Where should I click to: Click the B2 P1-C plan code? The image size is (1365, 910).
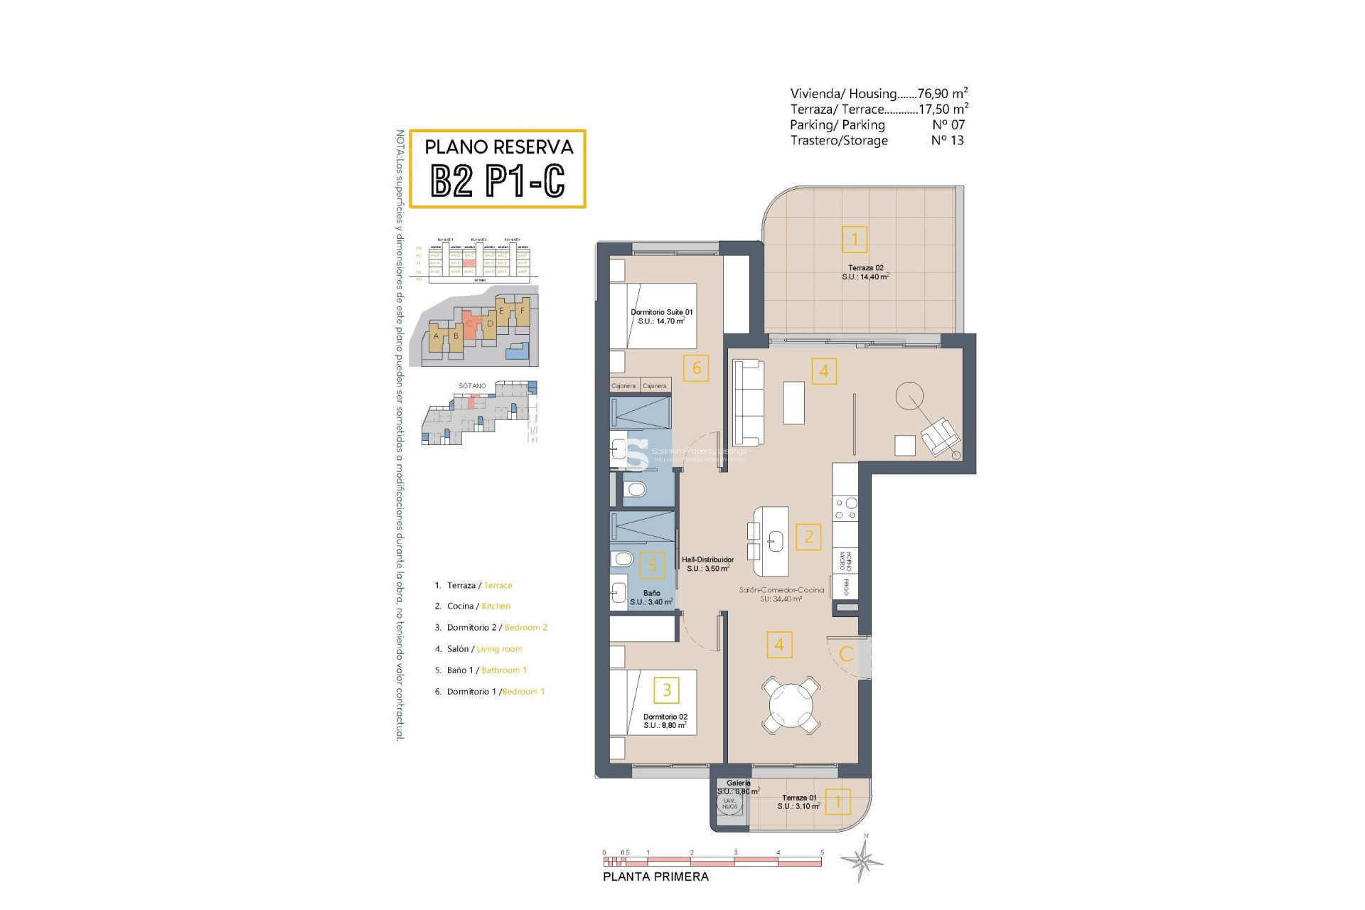pyautogui.click(x=498, y=181)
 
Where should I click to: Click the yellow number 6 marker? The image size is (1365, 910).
pyautogui.click(x=696, y=368)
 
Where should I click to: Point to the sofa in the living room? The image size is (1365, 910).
pyautogui.click(x=748, y=402)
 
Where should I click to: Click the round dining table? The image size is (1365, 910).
pyautogui.click(x=791, y=705)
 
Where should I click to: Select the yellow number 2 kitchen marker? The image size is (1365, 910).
pyautogui.click(x=808, y=537)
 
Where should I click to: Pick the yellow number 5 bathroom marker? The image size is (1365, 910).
pyautogui.click(x=652, y=565)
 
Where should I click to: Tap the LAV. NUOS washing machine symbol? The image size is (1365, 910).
pyautogui.click(x=729, y=804)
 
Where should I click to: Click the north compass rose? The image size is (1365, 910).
pyautogui.click(x=862, y=861)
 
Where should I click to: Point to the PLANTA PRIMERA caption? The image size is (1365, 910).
pyautogui.click(x=655, y=877)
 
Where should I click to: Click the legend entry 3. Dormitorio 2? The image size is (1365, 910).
pyautogui.click(x=490, y=628)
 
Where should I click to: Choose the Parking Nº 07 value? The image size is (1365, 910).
pyautogui.click(x=948, y=125)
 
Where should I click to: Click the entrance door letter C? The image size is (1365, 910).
pyautogui.click(x=846, y=653)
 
